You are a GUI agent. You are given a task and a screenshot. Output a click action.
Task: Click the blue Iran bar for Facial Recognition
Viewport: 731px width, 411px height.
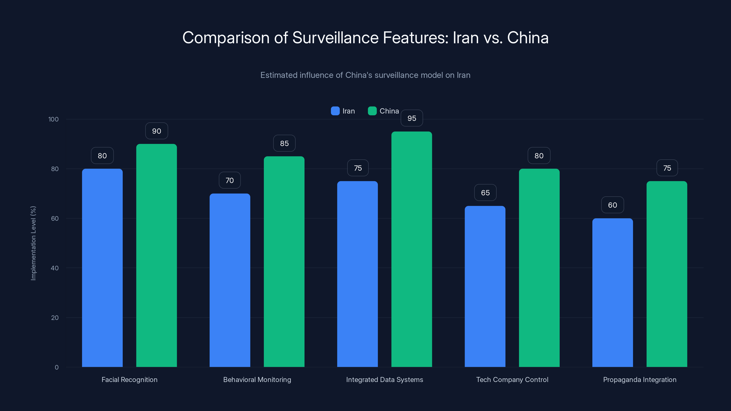point(102,268)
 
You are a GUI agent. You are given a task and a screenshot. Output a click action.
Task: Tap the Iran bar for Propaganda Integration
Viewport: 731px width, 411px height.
point(612,292)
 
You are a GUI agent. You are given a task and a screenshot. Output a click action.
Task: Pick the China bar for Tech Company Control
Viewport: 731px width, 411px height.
point(539,268)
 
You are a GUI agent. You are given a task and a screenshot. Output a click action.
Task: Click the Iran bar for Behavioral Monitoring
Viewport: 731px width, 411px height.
point(230,280)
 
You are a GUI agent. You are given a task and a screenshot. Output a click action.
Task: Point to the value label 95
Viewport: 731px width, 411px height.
point(412,118)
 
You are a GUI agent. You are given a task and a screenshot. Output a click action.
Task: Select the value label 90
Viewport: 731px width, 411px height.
point(157,131)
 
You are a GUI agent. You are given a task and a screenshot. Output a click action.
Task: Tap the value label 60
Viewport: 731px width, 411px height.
point(612,205)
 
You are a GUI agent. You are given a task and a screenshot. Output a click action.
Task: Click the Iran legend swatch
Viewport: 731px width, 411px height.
point(335,111)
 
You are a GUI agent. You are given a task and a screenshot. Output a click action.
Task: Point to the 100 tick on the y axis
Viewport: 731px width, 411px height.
point(53,119)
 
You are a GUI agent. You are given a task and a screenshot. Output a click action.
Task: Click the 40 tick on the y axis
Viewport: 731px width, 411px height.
point(55,268)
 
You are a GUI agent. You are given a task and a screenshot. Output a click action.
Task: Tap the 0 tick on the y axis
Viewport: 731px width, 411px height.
point(56,367)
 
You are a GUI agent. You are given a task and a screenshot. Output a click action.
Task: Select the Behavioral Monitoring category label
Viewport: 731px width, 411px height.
point(257,379)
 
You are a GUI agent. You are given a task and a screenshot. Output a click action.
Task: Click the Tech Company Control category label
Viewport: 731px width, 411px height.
point(512,379)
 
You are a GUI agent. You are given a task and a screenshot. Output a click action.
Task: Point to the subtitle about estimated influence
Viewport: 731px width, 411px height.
point(365,75)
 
